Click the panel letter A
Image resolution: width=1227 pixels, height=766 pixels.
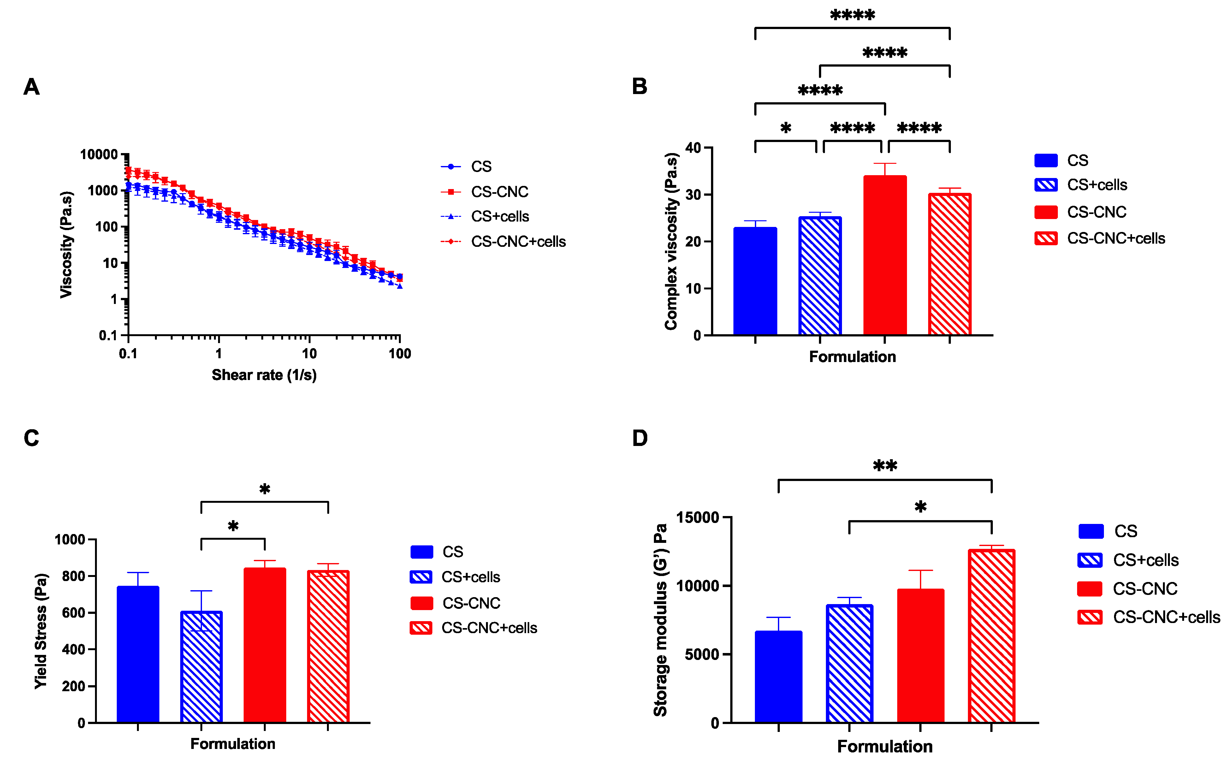(x=32, y=87)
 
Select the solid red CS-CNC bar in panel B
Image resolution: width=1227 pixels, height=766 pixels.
(x=885, y=256)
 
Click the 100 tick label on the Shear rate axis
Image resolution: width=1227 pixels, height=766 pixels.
(x=400, y=353)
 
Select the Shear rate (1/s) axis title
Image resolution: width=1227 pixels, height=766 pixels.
(x=264, y=375)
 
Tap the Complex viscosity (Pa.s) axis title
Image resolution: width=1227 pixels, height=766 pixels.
(x=671, y=241)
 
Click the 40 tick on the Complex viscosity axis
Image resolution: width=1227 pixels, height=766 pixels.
(x=693, y=148)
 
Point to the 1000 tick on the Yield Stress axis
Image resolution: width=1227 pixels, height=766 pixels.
(x=70, y=539)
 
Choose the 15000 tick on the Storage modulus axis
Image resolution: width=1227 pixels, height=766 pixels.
(x=697, y=517)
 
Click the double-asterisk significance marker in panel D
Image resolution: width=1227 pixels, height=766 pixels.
(x=885, y=466)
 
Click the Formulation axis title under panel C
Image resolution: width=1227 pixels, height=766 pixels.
(x=233, y=744)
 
